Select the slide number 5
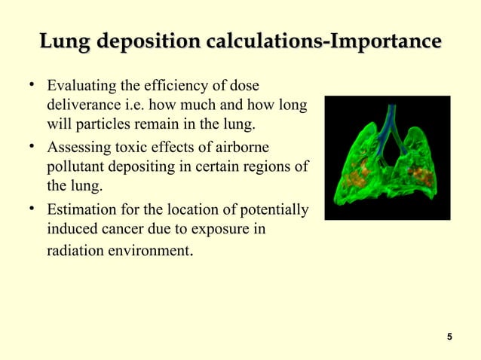[x=449, y=336]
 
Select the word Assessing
[x=78, y=147]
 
